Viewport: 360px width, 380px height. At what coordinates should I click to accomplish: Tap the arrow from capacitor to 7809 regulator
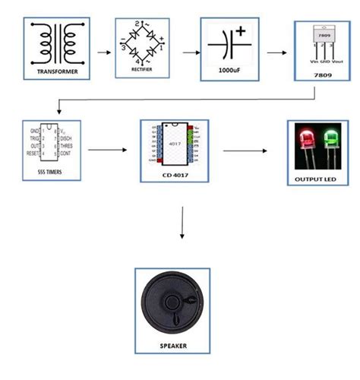pos(273,51)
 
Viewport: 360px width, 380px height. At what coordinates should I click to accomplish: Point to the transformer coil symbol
pos(56,43)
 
